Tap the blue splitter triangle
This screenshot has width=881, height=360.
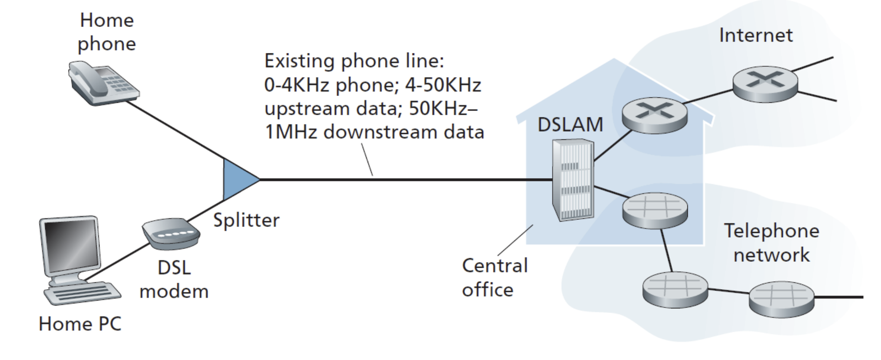point(237,180)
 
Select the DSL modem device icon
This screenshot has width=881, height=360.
point(171,233)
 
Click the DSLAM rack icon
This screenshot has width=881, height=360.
point(573,180)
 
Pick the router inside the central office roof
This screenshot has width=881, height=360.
point(654,115)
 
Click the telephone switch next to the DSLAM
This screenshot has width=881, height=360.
point(654,210)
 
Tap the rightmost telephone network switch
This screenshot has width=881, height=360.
point(781,298)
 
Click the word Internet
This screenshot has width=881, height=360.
point(755,35)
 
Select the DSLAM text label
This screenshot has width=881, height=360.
point(570,124)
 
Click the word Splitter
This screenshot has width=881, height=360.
point(246,220)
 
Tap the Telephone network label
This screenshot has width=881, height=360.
point(771,243)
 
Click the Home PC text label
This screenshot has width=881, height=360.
point(80,324)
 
